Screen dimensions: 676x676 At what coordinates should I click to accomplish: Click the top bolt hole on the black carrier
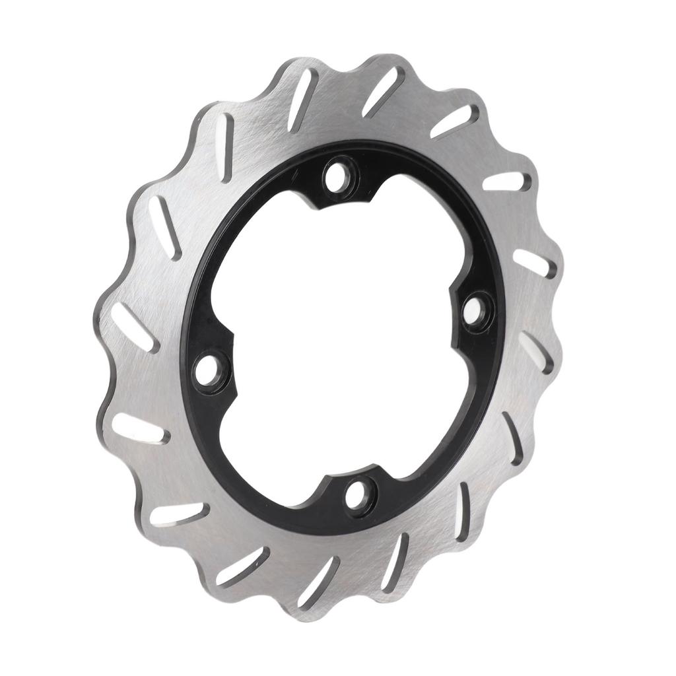coord(338,176)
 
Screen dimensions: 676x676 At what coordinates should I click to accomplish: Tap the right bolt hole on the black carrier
coord(473,311)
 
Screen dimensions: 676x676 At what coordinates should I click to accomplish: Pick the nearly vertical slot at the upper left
coord(225,148)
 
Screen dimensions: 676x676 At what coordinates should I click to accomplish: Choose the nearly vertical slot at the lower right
coord(463,511)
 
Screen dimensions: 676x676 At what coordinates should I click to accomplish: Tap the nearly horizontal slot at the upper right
coord(507,181)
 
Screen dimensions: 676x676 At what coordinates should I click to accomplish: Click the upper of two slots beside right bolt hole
coord(534,263)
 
